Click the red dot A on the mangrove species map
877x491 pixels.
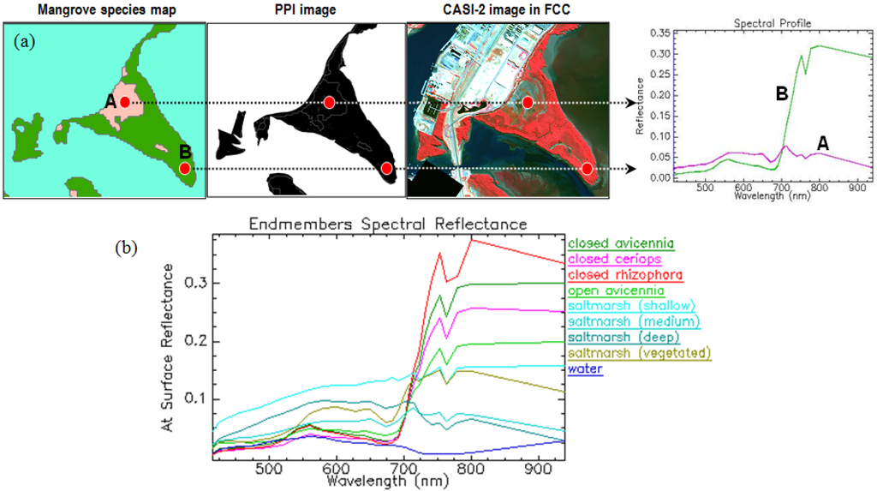pos(125,102)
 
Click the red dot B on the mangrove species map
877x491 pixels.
pos(185,168)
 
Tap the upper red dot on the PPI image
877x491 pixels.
pos(329,102)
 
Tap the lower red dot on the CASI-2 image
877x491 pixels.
pos(587,168)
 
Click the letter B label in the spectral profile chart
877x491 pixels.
pos(781,95)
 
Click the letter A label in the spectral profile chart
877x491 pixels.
pos(822,144)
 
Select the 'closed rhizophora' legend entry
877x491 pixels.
pos(625,275)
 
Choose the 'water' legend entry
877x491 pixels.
pos(585,368)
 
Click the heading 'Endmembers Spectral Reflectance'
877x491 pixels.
pos(387,224)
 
